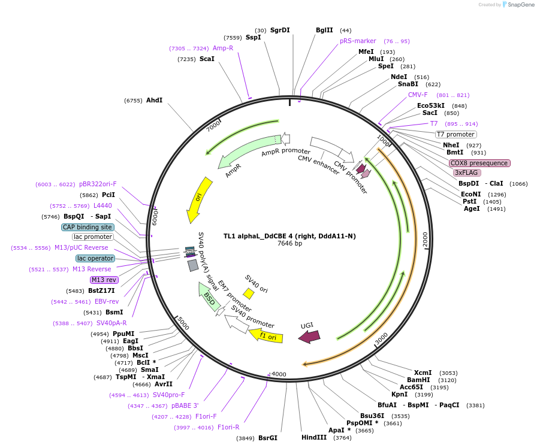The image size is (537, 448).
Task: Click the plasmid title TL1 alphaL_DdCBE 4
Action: pos(289,236)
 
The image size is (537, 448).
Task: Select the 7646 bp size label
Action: pos(289,244)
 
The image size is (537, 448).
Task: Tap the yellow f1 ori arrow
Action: pos(266,335)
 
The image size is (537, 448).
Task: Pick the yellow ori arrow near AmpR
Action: pos(200,199)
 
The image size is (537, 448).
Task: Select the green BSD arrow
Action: pos(207,296)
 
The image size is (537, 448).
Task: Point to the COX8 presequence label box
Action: pos(479,163)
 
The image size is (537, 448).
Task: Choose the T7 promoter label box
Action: pos(455,134)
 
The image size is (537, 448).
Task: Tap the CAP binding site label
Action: pos(88,227)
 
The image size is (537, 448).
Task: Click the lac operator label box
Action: pos(95,258)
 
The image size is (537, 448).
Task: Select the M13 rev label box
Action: pos(104,280)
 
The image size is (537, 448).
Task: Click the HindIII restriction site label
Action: pos(314,437)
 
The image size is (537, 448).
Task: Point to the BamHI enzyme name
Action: pos(419,380)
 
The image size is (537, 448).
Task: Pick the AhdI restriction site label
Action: pos(154,100)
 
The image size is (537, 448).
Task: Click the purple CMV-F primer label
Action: pos(418,95)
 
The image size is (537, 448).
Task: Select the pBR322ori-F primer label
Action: pos(98,184)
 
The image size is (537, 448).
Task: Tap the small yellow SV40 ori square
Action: pos(248,293)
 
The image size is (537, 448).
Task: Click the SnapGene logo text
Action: pos(519,4)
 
